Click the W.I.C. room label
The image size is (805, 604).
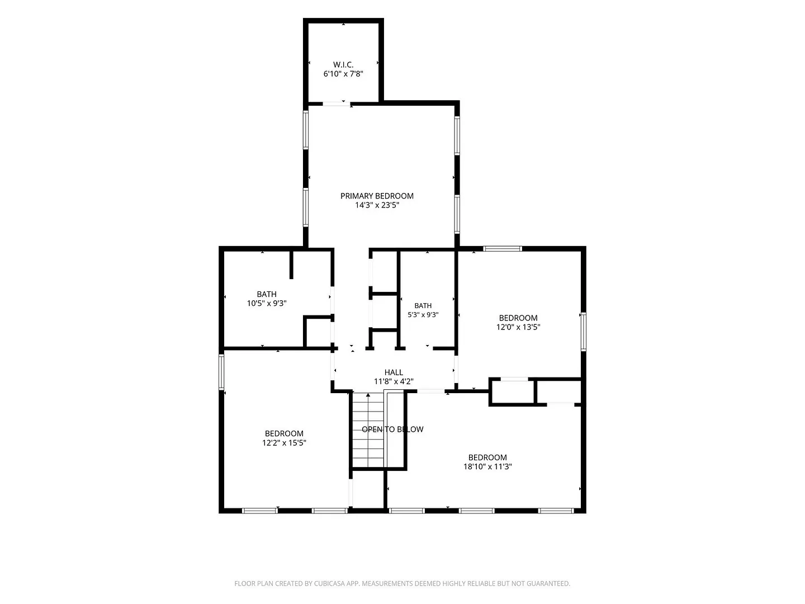(343, 64)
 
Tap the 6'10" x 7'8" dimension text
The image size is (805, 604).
(343, 74)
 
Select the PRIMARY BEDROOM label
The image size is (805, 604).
(377, 196)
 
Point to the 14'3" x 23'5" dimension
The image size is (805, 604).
(377, 205)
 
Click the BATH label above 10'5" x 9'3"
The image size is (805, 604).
(267, 294)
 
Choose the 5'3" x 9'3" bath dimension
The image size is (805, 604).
(423, 315)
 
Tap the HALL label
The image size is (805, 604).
(394, 372)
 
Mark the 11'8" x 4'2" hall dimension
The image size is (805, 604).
(394, 381)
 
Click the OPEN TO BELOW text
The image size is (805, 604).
(392, 429)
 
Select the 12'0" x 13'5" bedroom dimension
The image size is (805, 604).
(518, 327)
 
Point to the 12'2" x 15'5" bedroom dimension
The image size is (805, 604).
(284, 442)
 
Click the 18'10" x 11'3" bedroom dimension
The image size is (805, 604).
(487, 466)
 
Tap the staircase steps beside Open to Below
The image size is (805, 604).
(368, 430)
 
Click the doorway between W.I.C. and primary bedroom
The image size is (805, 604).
(337, 104)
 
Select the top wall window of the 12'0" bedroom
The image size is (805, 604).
(503, 249)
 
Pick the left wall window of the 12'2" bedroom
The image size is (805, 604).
(221, 371)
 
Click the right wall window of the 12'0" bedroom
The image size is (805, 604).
(584, 332)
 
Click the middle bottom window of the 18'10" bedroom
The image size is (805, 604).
(476, 511)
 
